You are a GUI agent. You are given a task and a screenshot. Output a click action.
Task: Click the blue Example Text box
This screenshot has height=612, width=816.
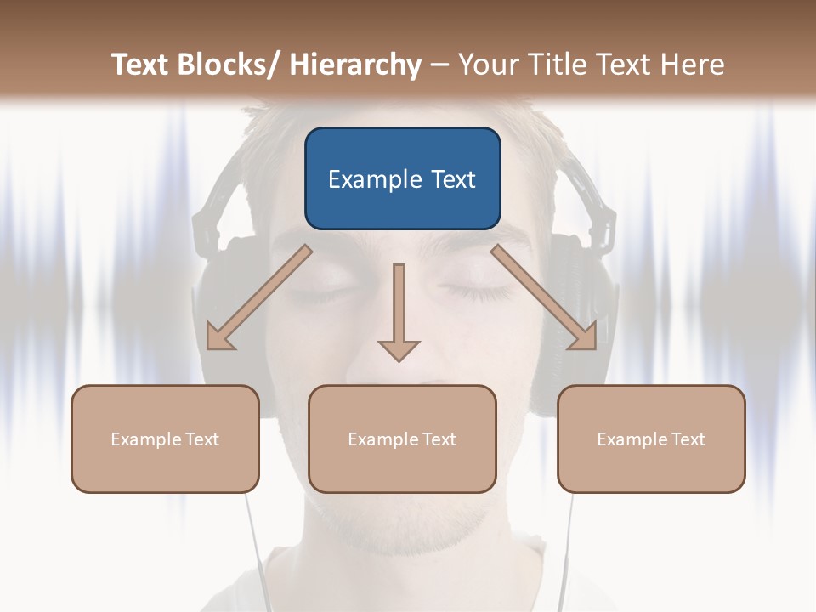(x=402, y=178)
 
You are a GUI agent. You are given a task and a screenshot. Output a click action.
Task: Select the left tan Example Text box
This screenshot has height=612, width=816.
(x=165, y=439)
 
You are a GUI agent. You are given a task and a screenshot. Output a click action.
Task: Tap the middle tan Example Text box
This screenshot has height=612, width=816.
(x=402, y=439)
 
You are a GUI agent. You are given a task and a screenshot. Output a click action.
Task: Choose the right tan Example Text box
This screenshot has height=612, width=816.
(x=651, y=439)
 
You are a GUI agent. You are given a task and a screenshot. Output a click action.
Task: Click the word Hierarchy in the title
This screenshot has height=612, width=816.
(x=354, y=65)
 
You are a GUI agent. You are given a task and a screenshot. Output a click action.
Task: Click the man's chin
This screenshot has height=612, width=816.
(x=399, y=527)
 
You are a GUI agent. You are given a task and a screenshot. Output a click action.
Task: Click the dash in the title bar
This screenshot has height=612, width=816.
(x=439, y=65)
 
